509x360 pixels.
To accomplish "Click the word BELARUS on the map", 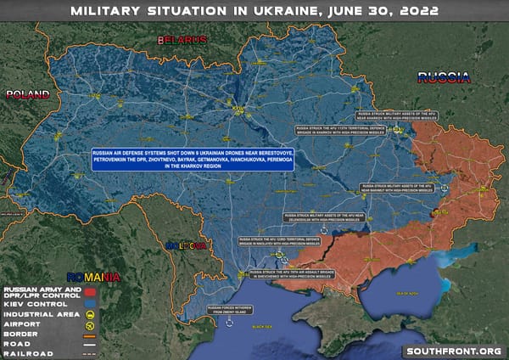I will [181, 40].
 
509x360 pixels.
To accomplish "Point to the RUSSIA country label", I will [444, 79].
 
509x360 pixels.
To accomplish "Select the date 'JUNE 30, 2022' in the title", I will [385, 12].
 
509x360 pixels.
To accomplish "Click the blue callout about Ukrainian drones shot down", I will [193, 160].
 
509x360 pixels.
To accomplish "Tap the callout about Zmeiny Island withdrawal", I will [233, 309].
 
